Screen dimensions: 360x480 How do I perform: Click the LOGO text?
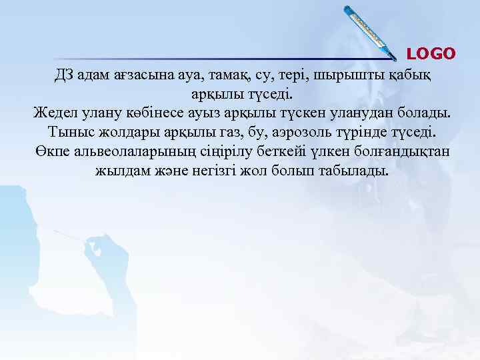tap(431, 53)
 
